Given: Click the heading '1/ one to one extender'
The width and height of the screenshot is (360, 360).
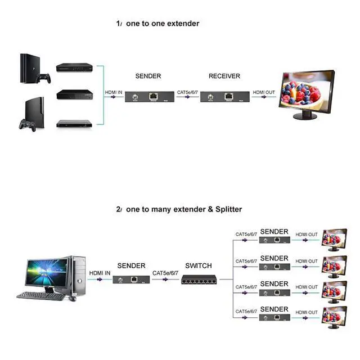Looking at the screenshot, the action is (157, 24).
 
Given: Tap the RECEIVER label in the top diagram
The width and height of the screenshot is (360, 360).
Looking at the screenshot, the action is (224, 76).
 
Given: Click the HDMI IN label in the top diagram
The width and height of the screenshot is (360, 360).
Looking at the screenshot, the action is (114, 92).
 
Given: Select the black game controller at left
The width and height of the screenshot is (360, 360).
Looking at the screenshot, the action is (27, 123).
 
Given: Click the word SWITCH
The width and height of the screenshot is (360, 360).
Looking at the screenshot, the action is (199, 265).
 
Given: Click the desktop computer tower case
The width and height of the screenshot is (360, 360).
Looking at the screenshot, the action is (78, 276).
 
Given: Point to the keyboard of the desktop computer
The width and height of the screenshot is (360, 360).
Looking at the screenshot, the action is (40, 295).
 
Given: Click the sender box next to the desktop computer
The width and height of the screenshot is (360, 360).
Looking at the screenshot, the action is (130, 278).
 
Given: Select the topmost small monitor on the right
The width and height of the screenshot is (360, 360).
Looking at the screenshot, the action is (335, 239).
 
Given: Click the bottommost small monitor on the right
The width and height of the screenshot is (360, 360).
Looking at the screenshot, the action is (335, 317).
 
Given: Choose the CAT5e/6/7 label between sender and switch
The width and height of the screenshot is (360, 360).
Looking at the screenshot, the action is (165, 273).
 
